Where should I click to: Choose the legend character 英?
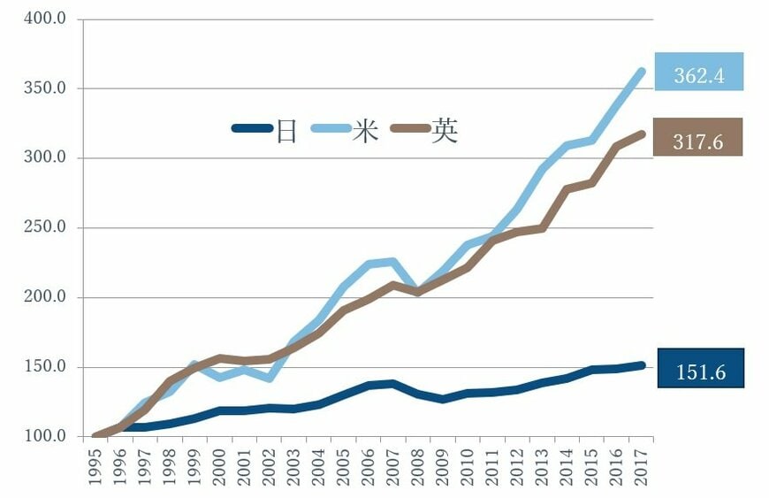[445, 132]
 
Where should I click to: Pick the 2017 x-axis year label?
[641, 469]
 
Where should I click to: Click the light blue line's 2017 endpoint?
[642, 71]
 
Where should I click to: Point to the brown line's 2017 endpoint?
[642, 134]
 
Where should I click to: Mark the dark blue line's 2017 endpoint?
[642, 364]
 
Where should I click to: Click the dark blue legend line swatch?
[252, 128]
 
